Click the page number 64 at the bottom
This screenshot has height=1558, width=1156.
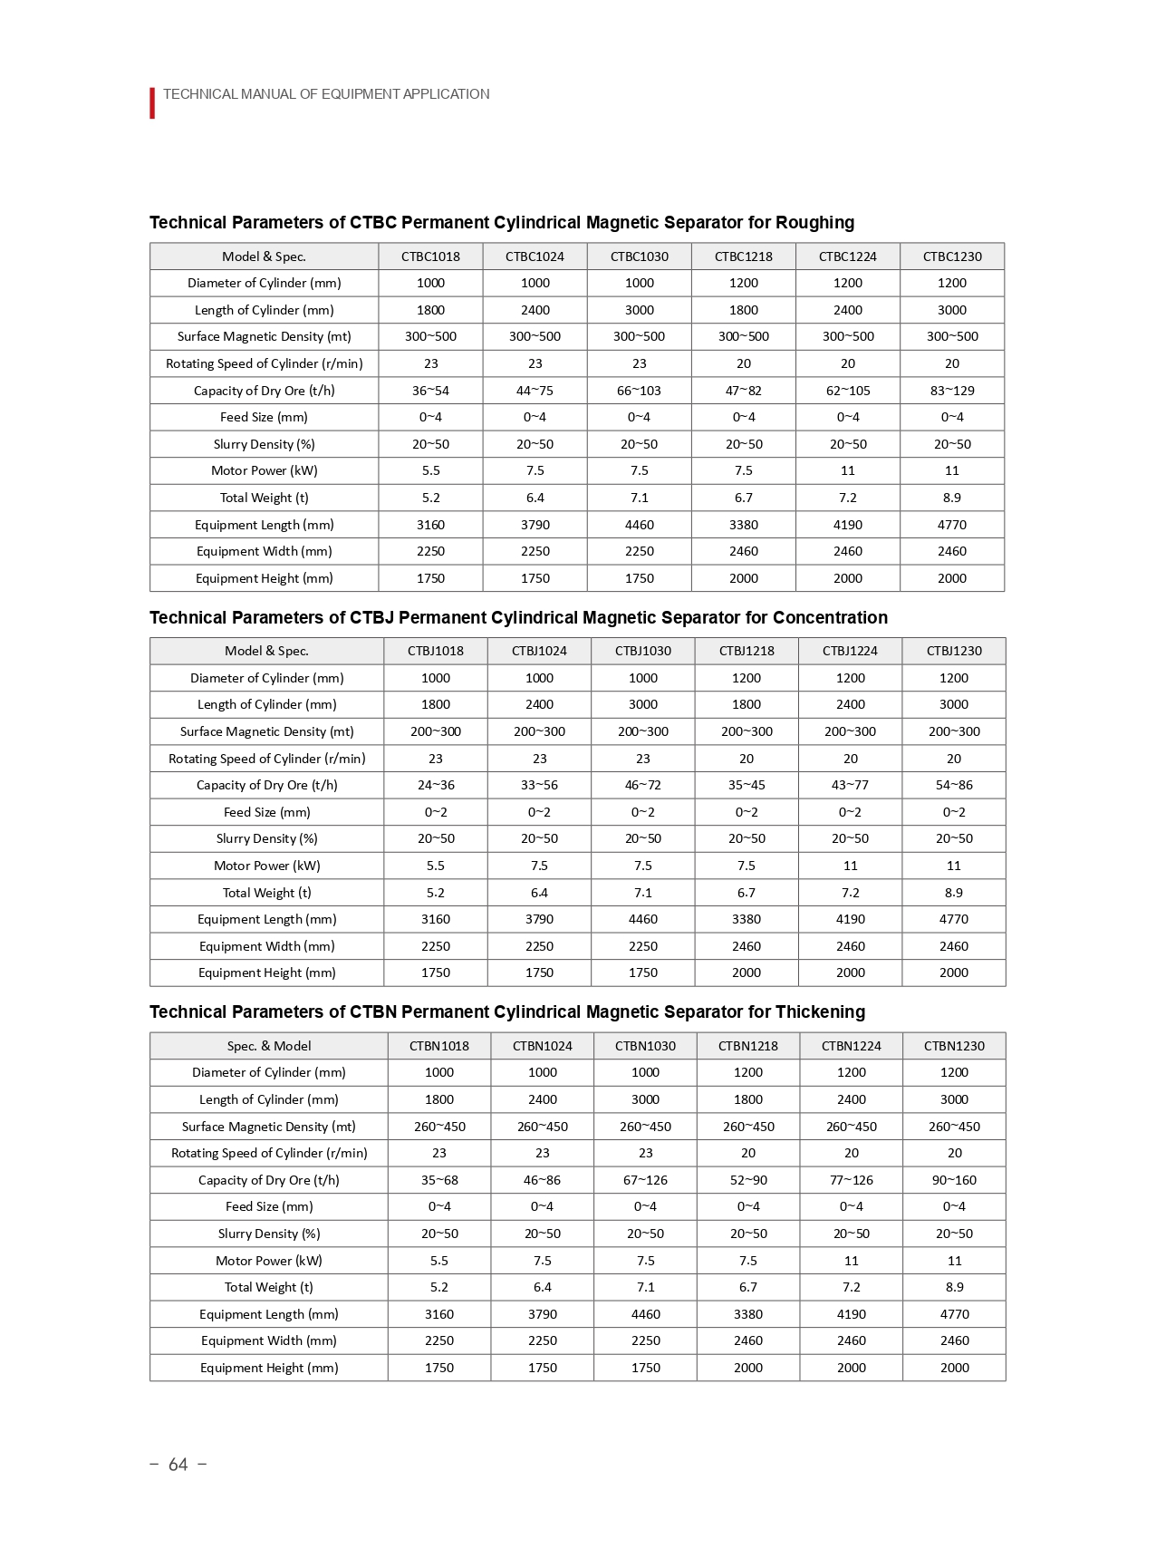pyautogui.click(x=178, y=1465)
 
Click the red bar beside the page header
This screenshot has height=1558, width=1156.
pyautogui.click(x=152, y=102)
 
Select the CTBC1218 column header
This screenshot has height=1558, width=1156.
pyautogui.click(x=743, y=256)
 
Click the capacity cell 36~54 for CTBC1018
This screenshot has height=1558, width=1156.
pyautogui.click(x=430, y=391)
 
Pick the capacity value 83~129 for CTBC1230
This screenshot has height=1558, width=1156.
pyautogui.click(x=952, y=391)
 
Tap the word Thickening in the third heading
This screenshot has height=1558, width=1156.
pyautogui.click(x=820, y=1011)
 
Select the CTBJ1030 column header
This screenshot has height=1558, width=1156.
pyautogui.click(x=642, y=651)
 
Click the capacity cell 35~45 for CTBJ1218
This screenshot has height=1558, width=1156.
pyautogui.click(x=747, y=785)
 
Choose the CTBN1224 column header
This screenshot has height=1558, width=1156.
pyautogui.click(x=851, y=1046)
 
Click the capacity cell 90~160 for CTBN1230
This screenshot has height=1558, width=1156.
pyautogui.click(x=954, y=1180)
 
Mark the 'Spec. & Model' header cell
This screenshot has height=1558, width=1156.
pyautogui.click(x=268, y=1046)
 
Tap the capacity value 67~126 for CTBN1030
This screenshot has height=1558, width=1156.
pyautogui.click(x=645, y=1180)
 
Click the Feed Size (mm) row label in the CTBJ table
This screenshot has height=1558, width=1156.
pyautogui.click(x=266, y=812)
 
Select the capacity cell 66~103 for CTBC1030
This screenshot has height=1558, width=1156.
pyautogui.click(x=639, y=391)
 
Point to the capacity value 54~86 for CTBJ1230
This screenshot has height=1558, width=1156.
pyautogui.click(x=954, y=785)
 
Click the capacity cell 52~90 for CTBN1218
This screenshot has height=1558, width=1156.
pyautogui.click(x=748, y=1180)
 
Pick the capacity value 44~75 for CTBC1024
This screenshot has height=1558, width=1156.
pyautogui.click(x=535, y=391)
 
